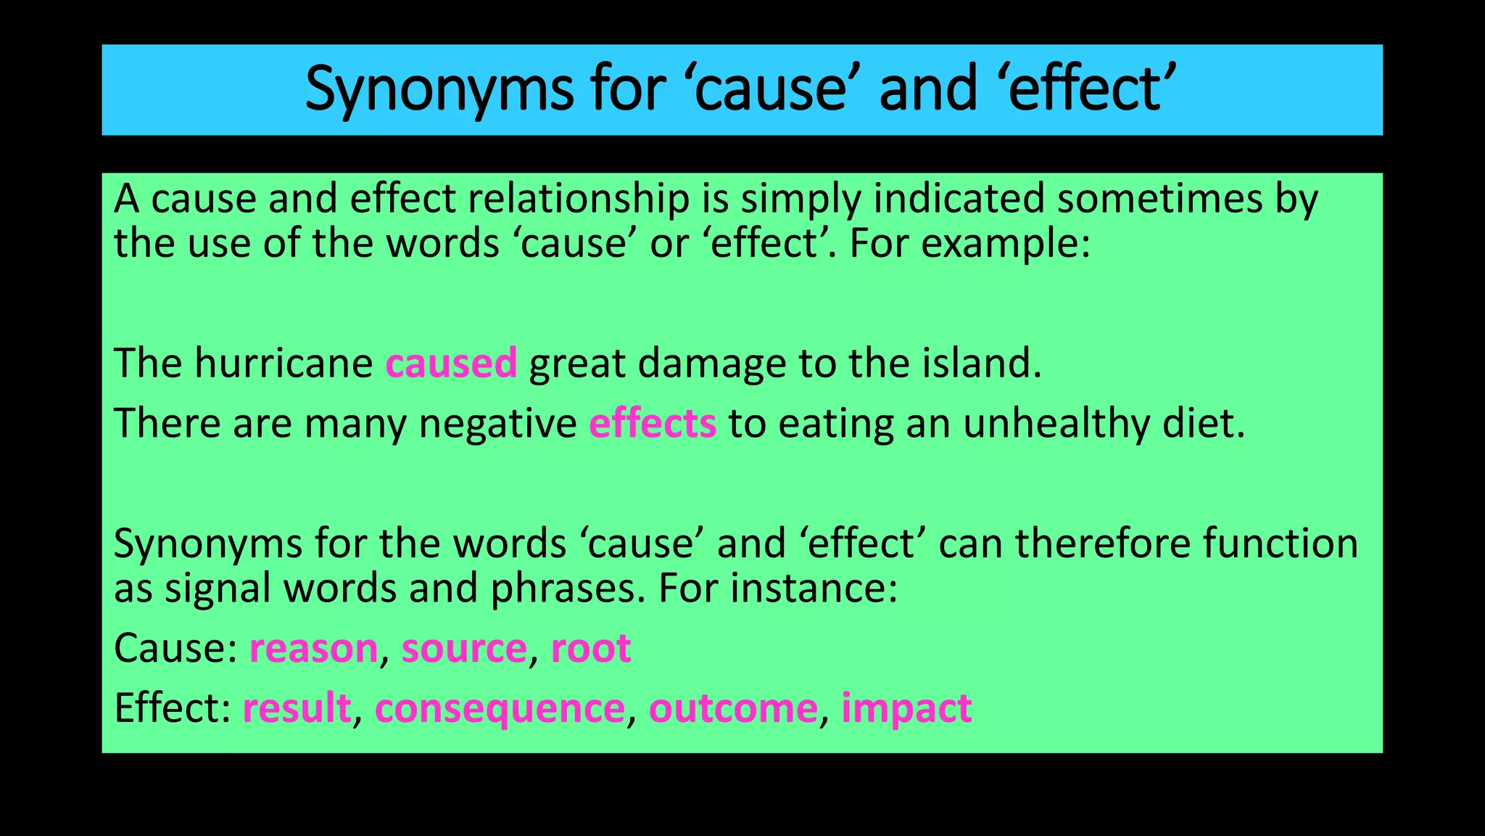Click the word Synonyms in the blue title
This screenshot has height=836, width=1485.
[439, 90]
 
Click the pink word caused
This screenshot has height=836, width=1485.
[451, 364]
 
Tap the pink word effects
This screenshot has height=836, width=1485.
[653, 424]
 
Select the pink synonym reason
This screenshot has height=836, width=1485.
[313, 649]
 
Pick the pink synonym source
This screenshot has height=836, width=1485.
[464, 649]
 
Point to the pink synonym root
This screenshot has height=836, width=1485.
[591, 649]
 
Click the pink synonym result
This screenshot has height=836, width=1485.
[297, 708]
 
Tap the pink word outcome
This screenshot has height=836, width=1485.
[733, 708]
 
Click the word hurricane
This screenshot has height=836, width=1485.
[284, 364]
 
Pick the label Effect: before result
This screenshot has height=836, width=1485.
[173, 708]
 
